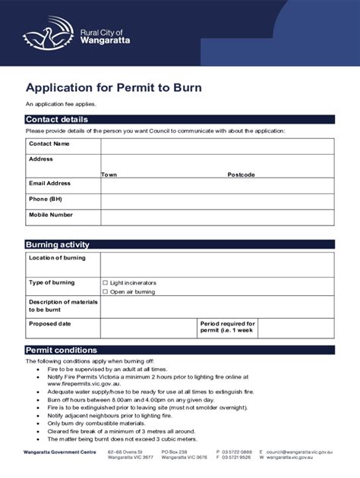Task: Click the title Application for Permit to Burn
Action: tap(114, 87)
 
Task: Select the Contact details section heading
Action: tap(57, 120)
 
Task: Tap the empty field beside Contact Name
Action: tap(216, 144)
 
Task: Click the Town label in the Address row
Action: tap(109, 175)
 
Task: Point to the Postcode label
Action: tap(241, 175)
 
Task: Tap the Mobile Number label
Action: tap(51, 215)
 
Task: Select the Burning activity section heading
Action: tap(58, 245)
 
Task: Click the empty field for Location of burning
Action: tap(216, 264)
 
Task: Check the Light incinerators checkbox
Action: tap(106, 283)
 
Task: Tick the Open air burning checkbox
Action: tap(106, 291)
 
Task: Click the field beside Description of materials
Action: tap(216, 307)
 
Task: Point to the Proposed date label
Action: tap(50, 323)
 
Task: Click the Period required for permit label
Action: tap(227, 327)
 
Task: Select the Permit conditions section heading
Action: tap(62, 350)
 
